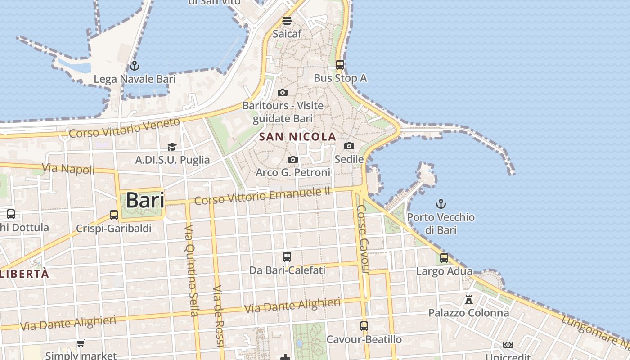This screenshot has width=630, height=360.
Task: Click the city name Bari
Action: (144, 200)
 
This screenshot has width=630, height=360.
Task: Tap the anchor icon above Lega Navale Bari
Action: (134, 66)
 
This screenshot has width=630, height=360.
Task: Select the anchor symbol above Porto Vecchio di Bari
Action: (441, 204)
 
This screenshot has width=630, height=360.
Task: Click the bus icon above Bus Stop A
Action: (340, 65)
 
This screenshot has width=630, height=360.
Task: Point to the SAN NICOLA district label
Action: (298, 137)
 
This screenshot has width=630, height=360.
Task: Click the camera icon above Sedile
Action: (349, 146)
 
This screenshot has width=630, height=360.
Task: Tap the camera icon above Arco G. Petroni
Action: (293, 159)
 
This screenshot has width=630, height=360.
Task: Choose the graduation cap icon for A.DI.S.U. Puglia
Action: (172, 147)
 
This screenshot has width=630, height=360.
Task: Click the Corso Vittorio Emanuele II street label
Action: (263, 197)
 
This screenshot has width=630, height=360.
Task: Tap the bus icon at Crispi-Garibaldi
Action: (114, 215)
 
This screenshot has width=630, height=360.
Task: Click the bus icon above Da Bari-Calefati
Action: (287, 257)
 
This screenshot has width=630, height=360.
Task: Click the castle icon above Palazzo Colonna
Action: (469, 299)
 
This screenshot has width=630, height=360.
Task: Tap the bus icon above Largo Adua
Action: (444, 258)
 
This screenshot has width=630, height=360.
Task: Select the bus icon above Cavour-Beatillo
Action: (364, 326)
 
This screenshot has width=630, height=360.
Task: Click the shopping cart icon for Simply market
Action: (81, 343)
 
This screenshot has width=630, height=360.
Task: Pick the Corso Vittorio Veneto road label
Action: (124, 128)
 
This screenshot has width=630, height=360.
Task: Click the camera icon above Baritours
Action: (283, 92)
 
